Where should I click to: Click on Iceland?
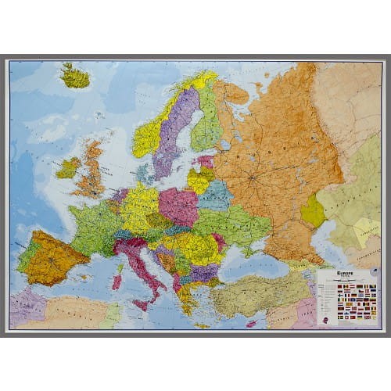click(75, 77)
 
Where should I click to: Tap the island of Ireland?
click(69, 167)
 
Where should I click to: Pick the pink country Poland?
click(178, 206)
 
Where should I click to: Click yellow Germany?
click(141, 207)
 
